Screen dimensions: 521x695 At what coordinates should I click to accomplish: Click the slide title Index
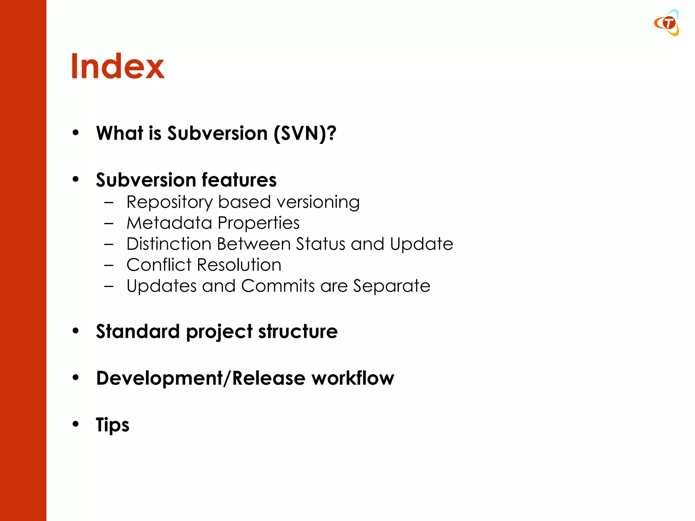pyautogui.click(x=117, y=66)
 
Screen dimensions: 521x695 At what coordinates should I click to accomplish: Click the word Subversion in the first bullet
pyautogui.click(x=218, y=133)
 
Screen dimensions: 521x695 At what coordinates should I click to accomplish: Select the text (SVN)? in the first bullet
pyautogui.click(x=305, y=133)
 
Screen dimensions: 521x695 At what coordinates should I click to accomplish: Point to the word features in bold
pyautogui.click(x=239, y=180)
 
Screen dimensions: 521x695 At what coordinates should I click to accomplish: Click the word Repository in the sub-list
pyautogui.click(x=169, y=202)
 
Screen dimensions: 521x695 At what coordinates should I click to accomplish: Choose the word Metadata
pyautogui.click(x=169, y=223)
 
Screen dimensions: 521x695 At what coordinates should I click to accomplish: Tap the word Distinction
pyautogui.click(x=169, y=244)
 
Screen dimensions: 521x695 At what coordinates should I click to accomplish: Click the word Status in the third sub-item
pyautogui.click(x=320, y=244)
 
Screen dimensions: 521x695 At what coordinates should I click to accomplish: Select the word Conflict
pyautogui.click(x=159, y=265)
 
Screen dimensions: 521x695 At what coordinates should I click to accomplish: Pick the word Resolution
pyautogui.click(x=239, y=265)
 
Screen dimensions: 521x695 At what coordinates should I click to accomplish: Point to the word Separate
pyautogui.click(x=392, y=286)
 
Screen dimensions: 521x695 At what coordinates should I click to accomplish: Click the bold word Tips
pyautogui.click(x=112, y=425)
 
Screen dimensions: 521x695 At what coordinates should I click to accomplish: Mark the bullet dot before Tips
pyautogui.click(x=76, y=424)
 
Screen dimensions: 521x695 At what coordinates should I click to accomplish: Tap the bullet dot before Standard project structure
pyautogui.click(x=76, y=331)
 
